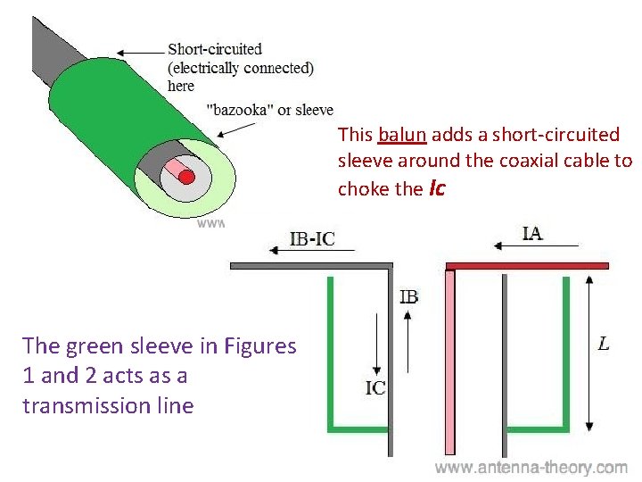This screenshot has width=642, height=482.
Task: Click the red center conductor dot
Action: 186,176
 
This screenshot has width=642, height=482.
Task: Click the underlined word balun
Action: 403,136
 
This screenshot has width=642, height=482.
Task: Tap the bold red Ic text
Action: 437,189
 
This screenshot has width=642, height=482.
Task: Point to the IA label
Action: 532,234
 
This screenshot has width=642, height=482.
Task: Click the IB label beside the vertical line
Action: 408,296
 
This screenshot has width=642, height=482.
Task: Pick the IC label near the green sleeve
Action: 374,388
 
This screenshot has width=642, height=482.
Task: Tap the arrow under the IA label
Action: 532,247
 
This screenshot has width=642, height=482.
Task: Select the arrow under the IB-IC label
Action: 311,252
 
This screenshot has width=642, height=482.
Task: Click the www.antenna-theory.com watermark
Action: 531,468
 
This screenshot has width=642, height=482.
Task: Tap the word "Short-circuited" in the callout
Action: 215,49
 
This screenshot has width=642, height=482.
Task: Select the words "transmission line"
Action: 108,405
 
